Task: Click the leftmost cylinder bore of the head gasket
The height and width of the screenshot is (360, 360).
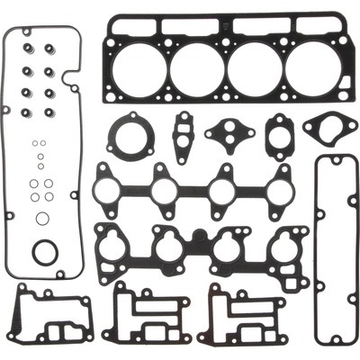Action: point(140,70)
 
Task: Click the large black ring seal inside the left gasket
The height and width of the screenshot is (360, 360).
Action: point(44,253)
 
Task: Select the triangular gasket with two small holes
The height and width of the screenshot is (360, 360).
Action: point(229,135)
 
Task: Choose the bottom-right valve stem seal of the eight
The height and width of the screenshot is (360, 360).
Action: point(49,112)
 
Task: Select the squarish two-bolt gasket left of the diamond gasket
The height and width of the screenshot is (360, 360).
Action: point(279,136)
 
